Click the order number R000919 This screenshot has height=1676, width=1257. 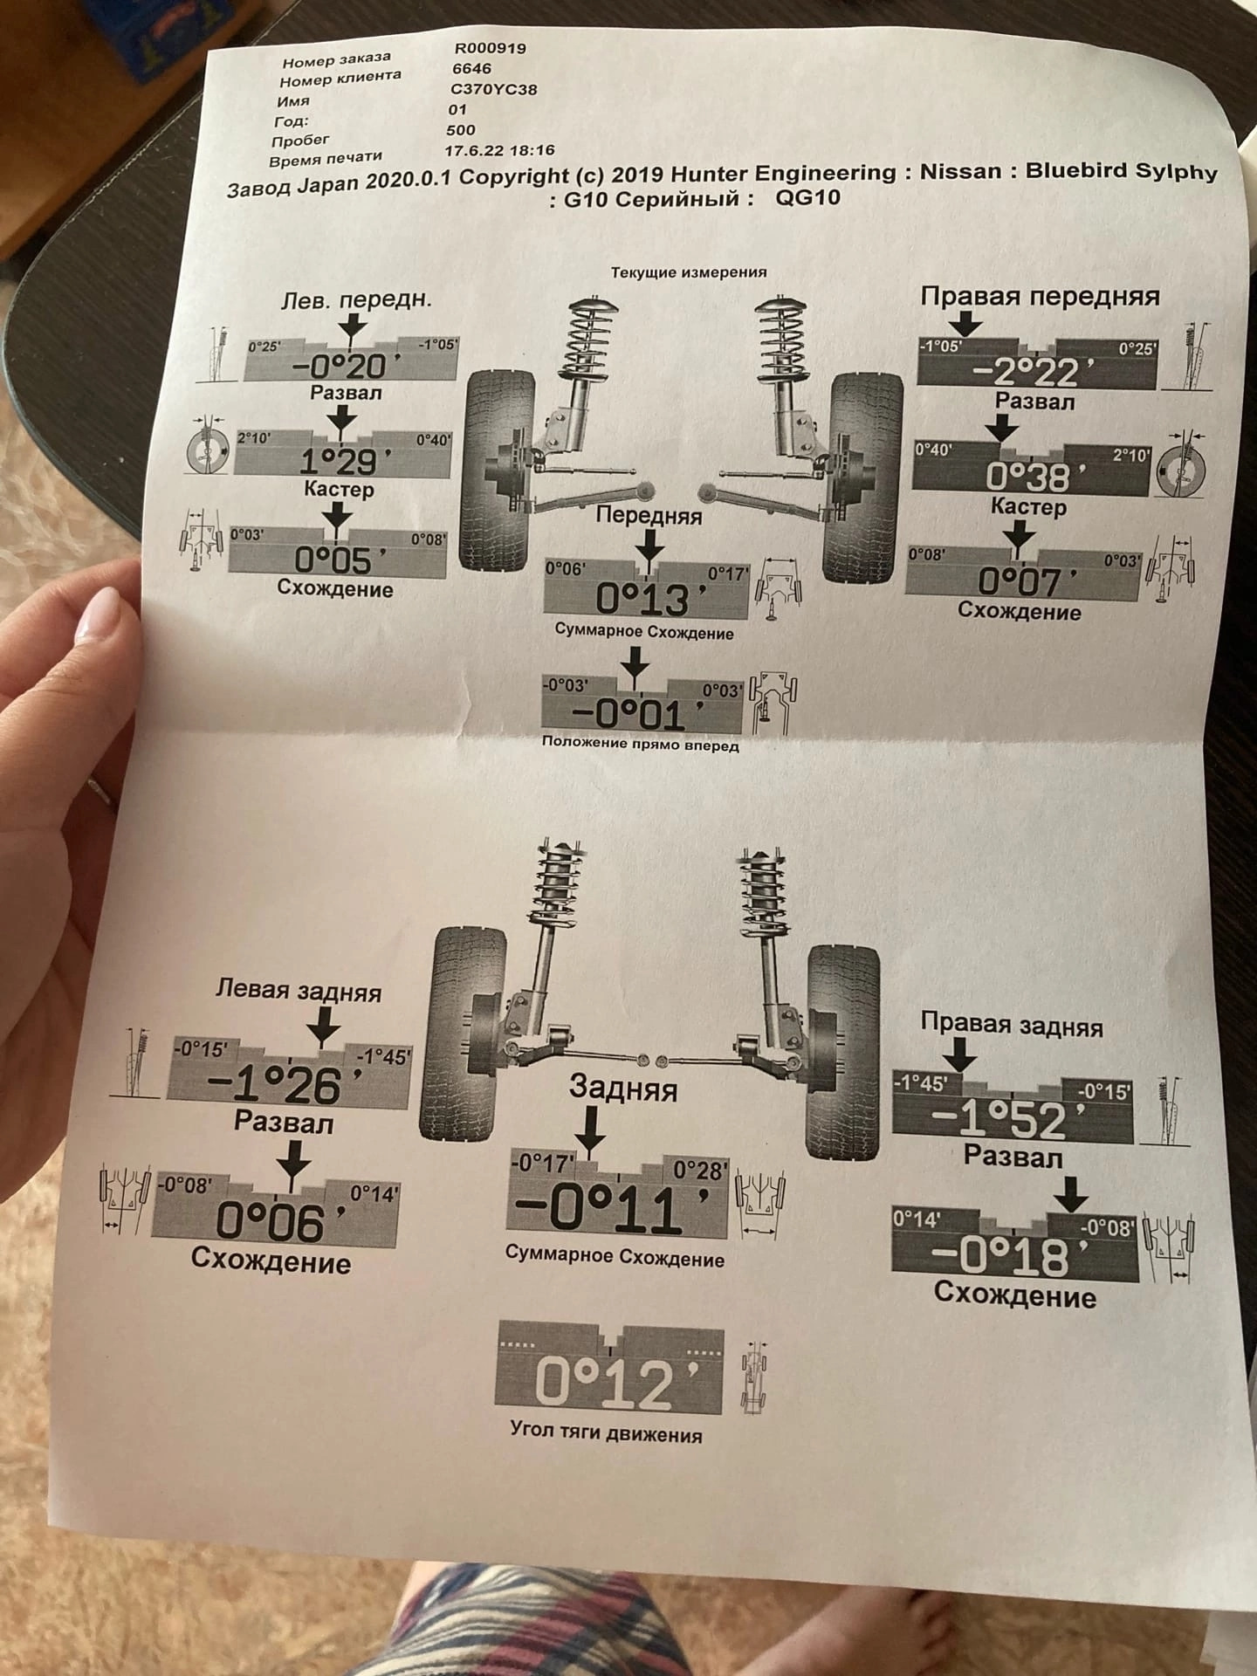point(490,49)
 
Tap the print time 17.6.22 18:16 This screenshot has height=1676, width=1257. point(499,151)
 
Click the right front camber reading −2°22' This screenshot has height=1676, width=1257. point(1024,373)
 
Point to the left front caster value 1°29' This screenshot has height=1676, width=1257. point(339,460)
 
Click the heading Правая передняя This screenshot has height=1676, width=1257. point(1040,297)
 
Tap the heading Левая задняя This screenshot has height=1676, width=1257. point(299,993)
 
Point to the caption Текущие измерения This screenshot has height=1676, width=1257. point(689,272)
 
